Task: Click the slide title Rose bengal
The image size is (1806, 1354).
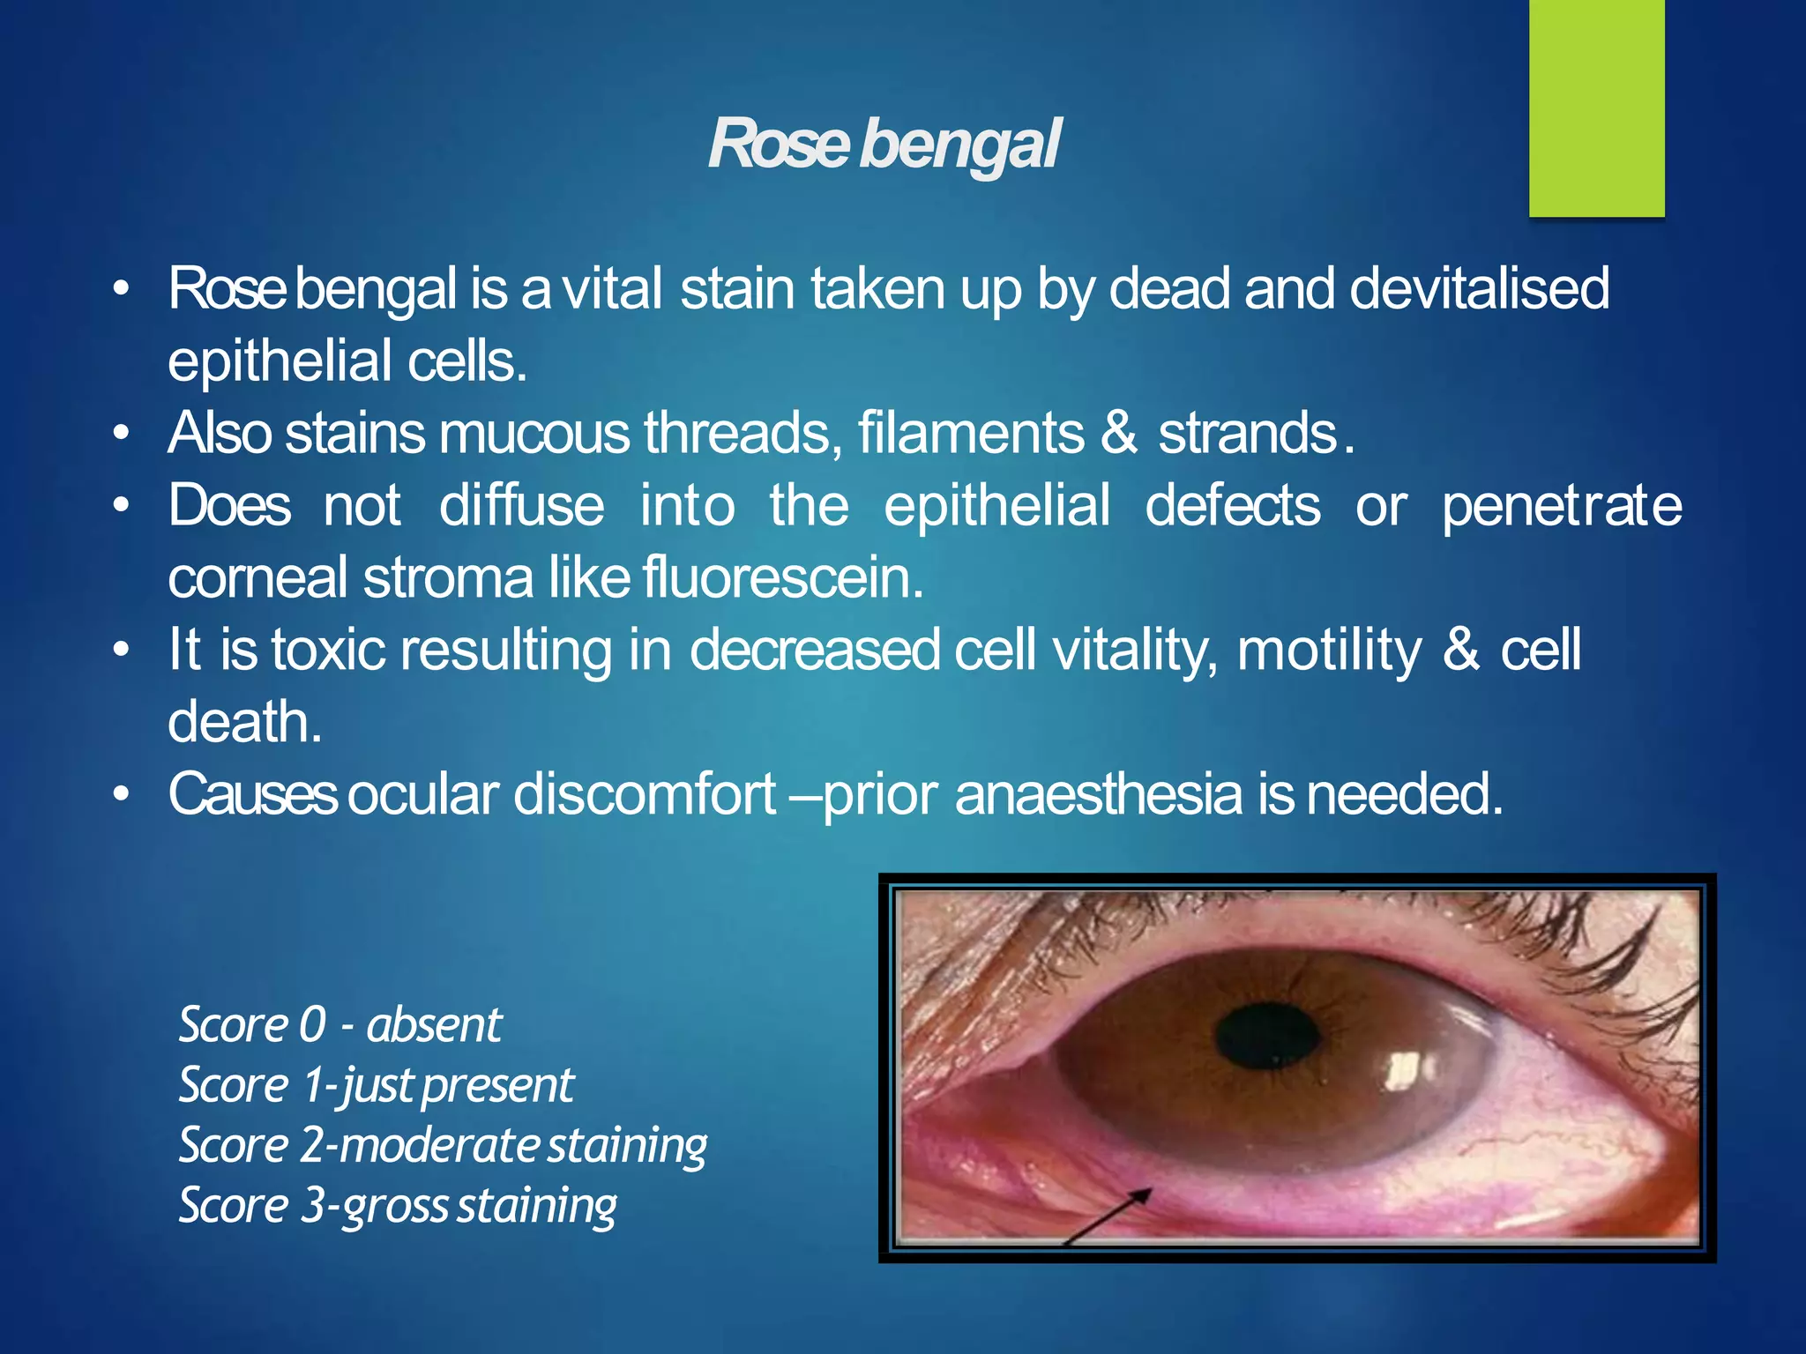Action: tap(884, 144)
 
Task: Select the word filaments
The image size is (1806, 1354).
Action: tap(971, 433)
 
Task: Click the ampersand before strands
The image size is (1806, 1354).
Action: tap(1119, 433)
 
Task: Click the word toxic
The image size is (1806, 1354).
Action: tap(328, 650)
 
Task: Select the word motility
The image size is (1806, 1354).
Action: tap(1329, 651)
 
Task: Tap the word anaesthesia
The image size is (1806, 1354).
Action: tap(1098, 794)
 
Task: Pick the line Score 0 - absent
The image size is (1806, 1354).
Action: tap(340, 1025)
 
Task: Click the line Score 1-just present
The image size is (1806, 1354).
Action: tap(376, 1085)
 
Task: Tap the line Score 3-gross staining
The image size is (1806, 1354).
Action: tap(398, 1205)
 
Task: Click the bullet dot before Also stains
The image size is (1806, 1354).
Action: tap(122, 433)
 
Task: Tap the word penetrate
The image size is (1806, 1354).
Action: tap(1561, 507)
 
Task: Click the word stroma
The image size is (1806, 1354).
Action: tap(448, 578)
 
